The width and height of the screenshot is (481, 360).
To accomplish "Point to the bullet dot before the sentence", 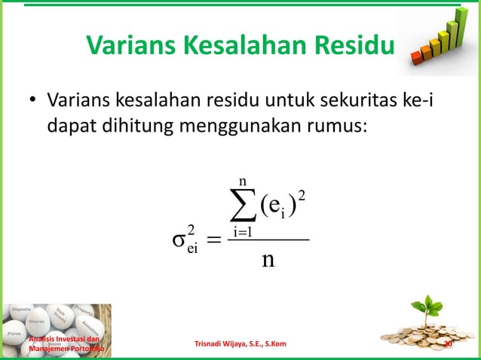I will (32, 102).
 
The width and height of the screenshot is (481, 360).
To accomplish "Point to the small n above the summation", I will (242, 182).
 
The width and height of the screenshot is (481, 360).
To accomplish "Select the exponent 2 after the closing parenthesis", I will (302, 196).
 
